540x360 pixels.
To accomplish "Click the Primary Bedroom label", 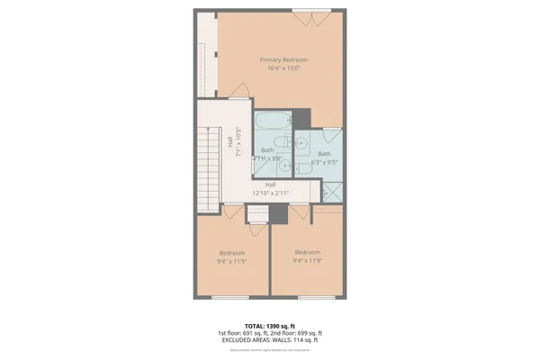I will click(283, 59).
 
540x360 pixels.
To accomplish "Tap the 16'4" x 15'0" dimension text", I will click(283, 68).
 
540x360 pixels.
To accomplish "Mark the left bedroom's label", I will click(231, 253).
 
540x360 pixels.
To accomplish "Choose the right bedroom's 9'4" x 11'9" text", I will click(309, 260).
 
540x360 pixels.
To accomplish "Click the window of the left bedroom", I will click(232, 297).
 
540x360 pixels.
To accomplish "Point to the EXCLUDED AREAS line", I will click(270, 340).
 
